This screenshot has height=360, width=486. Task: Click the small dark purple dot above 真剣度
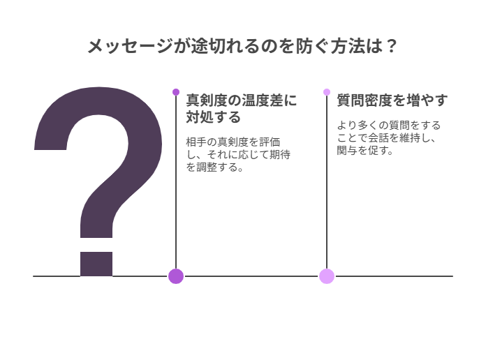tap(176, 92)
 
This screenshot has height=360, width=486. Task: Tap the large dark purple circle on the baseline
tap(176, 276)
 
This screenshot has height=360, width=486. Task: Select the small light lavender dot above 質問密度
tap(327, 92)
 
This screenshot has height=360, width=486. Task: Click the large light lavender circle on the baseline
tap(327, 276)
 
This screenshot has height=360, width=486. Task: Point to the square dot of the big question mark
tap(96, 264)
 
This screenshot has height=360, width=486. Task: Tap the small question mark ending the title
tap(392, 46)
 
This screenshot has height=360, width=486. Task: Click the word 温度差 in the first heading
tap(263, 100)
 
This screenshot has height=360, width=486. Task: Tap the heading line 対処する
tap(213, 117)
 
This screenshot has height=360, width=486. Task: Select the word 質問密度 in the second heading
tap(364, 100)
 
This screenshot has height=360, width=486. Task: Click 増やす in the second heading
tap(427, 100)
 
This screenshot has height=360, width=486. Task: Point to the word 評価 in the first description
tap(270, 142)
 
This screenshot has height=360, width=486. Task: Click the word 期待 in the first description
tap(280, 154)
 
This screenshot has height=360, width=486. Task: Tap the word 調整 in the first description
tap(207, 167)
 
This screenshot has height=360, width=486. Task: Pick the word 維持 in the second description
tap(409, 137)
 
